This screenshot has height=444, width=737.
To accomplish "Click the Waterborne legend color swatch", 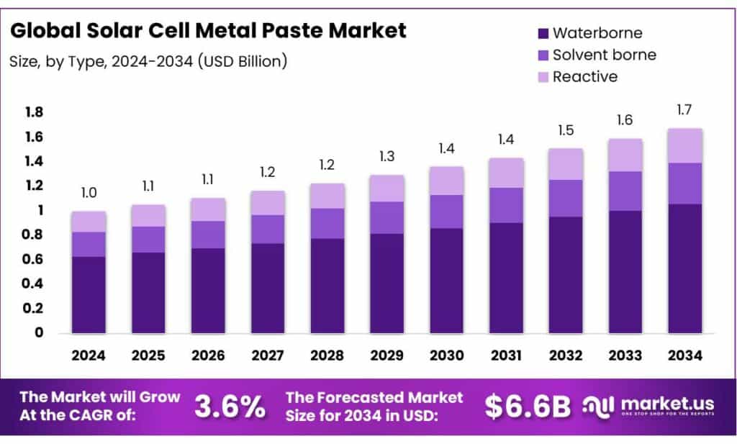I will pos(543,33).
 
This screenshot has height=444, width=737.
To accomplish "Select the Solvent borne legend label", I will pos(604,55).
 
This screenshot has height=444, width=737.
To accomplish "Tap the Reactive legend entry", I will pos(584,76).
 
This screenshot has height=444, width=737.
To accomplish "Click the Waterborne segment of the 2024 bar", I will pos(89,294).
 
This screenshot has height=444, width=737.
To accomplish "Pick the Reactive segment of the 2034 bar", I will pos(684,145).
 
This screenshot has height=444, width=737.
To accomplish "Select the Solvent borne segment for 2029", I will pos(386,217).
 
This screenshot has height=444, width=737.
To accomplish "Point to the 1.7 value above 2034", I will pos(684,110).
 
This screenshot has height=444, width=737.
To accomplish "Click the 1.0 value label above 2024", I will pos(89,194).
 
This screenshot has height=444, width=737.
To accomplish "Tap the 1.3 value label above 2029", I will pos(386,157).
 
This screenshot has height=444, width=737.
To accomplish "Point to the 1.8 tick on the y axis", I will pos(34,112).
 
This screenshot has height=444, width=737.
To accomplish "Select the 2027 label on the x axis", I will pos(267,355).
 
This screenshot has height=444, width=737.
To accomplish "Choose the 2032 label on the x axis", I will pos(565,355).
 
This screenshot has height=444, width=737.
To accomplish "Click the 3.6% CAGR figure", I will pos(230,407).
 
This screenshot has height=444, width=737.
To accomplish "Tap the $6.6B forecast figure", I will pos(528,407).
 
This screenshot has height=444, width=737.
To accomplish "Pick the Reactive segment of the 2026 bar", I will pos(208,209).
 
